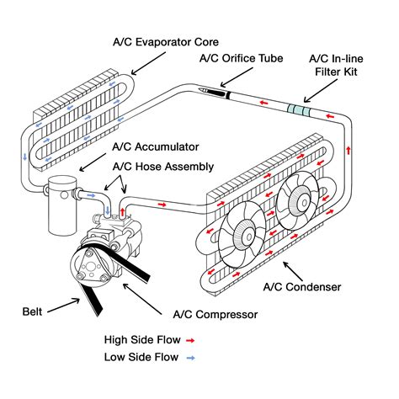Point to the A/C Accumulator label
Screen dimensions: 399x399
(x=152, y=146)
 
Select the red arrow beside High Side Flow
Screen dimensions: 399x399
(x=192, y=340)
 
